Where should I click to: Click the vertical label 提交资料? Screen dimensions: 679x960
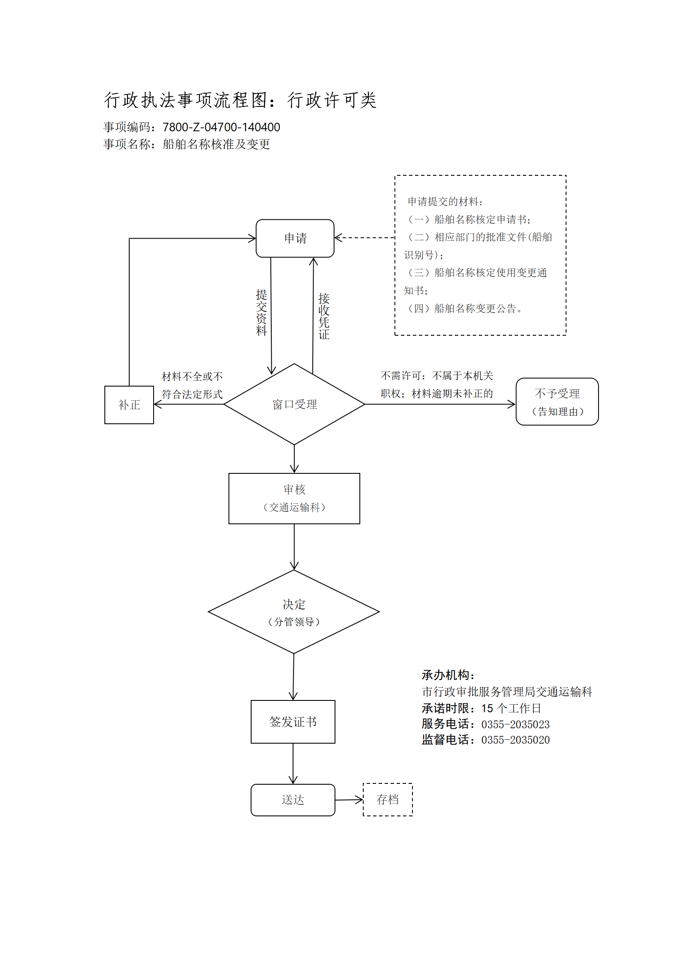261,313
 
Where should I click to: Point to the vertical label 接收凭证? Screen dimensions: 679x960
324,316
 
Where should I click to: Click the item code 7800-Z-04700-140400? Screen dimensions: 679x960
221,127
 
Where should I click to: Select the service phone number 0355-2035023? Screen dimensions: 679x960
516,724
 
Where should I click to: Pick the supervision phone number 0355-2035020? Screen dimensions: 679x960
516,740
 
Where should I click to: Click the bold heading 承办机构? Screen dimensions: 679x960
448,675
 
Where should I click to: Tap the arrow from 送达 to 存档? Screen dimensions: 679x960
349,800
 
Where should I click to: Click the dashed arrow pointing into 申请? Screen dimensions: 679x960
365,238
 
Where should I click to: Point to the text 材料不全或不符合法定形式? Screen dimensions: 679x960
192,385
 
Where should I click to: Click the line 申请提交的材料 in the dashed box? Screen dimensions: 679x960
445,201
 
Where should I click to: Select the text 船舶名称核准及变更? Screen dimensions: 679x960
216,144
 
